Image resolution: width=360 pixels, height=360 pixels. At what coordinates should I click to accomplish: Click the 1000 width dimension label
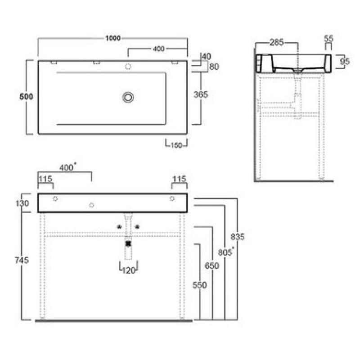point(113,38)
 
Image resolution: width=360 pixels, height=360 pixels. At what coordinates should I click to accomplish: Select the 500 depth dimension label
point(27,97)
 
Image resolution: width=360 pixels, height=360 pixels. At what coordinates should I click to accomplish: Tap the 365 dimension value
point(201,94)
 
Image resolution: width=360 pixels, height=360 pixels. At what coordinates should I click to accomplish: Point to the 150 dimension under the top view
point(176,145)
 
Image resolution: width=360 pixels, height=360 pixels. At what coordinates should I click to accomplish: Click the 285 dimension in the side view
point(277,42)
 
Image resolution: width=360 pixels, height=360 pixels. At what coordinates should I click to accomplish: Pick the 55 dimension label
point(328,38)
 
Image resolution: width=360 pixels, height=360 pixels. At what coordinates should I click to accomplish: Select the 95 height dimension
point(345,61)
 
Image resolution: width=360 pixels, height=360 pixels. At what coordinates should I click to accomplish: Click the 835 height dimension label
point(238,237)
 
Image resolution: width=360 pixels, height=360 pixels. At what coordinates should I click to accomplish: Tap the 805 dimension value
point(225,252)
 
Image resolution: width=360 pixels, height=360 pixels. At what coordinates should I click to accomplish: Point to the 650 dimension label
point(211,265)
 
